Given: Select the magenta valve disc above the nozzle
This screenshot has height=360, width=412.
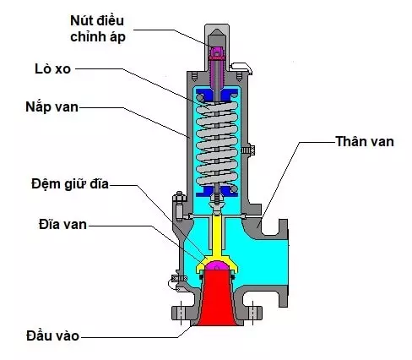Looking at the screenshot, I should pyautogui.click(x=217, y=270).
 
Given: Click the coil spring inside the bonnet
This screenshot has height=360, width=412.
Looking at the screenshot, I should pyautogui.click(x=217, y=144).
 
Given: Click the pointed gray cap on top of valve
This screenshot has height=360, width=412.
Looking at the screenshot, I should pyautogui.click(x=217, y=25).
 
